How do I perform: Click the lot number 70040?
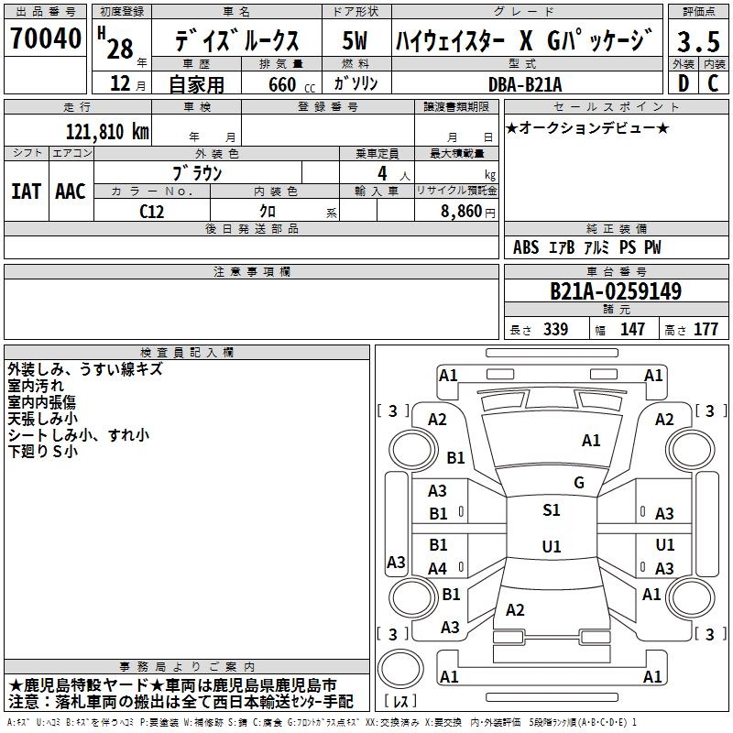(x=46, y=39)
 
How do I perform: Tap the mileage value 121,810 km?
(x=107, y=131)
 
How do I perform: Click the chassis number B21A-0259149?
(x=615, y=291)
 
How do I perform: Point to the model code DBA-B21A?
(x=524, y=84)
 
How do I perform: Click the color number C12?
(x=152, y=211)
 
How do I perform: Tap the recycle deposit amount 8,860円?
(x=468, y=211)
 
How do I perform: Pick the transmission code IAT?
(x=26, y=191)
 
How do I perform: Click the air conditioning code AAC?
(x=71, y=191)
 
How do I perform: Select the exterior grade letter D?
(x=683, y=84)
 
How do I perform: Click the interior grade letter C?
(x=713, y=84)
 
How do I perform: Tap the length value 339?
(x=555, y=330)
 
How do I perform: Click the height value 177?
(x=706, y=330)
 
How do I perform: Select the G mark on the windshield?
(x=578, y=483)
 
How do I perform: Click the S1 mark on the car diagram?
(x=551, y=510)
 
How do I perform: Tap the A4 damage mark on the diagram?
(x=438, y=569)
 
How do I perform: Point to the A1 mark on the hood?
(x=591, y=441)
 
